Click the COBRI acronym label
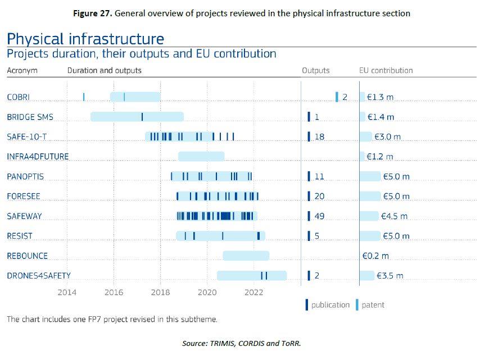(18, 97)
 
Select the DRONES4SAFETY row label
(39, 275)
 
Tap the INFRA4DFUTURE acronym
(38, 156)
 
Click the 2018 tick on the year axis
(161, 292)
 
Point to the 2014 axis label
(67, 292)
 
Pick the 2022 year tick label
(254, 292)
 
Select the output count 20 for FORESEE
(319, 196)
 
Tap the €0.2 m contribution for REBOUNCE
(375, 256)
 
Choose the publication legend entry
(329, 305)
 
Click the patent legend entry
(373, 305)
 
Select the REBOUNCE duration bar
(246, 256)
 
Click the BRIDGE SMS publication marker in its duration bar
(142, 117)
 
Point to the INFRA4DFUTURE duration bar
(201, 156)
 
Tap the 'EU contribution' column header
(386, 71)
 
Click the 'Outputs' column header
(316, 71)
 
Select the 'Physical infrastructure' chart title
(85, 39)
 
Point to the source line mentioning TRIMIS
(242, 343)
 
